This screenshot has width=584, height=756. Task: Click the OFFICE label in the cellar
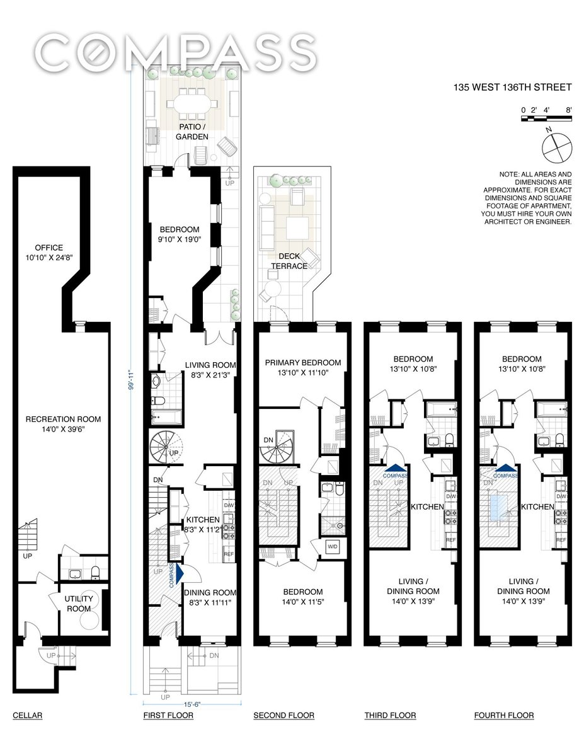pyautogui.click(x=49, y=248)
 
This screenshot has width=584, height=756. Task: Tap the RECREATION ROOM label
pyautogui.click(x=63, y=419)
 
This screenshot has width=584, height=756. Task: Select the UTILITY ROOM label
pyautogui.click(x=79, y=604)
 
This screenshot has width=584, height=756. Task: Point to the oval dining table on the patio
pyautogui.click(x=192, y=104)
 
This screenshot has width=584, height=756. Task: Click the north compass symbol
pyautogui.click(x=557, y=148)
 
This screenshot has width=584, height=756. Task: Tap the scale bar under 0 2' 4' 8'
pyautogui.click(x=546, y=118)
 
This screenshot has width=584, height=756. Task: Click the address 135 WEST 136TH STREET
pyautogui.click(x=512, y=88)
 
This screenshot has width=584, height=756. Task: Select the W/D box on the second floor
pyautogui.click(x=332, y=546)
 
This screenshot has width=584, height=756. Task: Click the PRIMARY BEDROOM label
pyautogui.click(x=303, y=362)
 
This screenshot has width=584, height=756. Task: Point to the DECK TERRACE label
pyautogui.click(x=289, y=261)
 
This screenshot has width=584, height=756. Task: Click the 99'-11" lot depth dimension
pyautogui.click(x=131, y=379)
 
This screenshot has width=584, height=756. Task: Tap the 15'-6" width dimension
pyautogui.click(x=192, y=704)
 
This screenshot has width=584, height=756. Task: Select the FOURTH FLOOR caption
pyautogui.click(x=504, y=716)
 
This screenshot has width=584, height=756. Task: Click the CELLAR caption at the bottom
pyautogui.click(x=28, y=716)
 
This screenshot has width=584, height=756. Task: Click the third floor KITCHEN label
pyautogui.click(x=428, y=507)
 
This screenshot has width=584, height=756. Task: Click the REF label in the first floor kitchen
pyautogui.click(x=229, y=554)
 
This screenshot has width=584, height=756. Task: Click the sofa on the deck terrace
pyautogui.click(x=266, y=227)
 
